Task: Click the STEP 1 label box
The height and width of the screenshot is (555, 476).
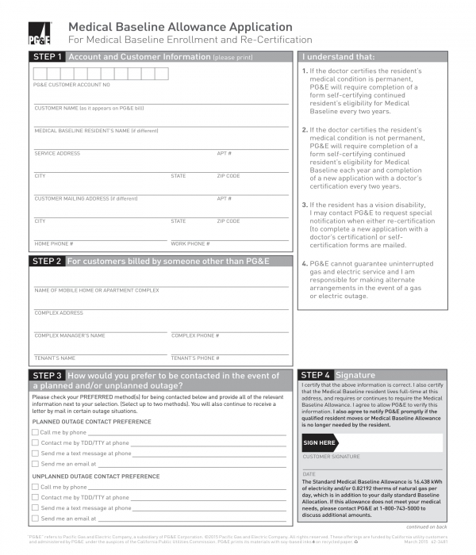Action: pyautogui.click(x=47, y=57)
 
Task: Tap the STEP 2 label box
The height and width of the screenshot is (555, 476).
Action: pyautogui.click(x=47, y=261)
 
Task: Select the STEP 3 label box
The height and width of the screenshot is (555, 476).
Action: pyautogui.click(x=47, y=376)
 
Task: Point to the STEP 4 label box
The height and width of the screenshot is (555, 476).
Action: pyautogui.click(x=316, y=375)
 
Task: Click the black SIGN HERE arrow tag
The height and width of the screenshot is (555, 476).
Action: pyautogui.click(x=321, y=442)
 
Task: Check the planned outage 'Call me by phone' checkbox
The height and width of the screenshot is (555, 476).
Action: pyautogui.click(x=35, y=433)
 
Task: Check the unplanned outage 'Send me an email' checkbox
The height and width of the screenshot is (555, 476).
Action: pyautogui.click(x=35, y=519)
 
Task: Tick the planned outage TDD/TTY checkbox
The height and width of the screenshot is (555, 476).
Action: pyautogui.click(x=35, y=443)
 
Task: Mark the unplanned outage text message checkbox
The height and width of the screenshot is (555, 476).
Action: pyautogui.click(x=35, y=508)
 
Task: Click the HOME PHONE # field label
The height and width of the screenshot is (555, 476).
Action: pyautogui.click(x=54, y=243)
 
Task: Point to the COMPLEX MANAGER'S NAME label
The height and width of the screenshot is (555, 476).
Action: pyautogui.click(x=70, y=335)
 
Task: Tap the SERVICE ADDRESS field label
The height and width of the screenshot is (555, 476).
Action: pyautogui.click(x=57, y=153)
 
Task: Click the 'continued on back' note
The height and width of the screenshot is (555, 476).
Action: pyautogui.click(x=426, y=527)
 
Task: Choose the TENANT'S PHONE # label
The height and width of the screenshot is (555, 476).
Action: pyautogui.click(x=195, y=358)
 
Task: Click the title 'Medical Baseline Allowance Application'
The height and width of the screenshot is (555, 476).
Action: pyautogui.click(x=180, y=27)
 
